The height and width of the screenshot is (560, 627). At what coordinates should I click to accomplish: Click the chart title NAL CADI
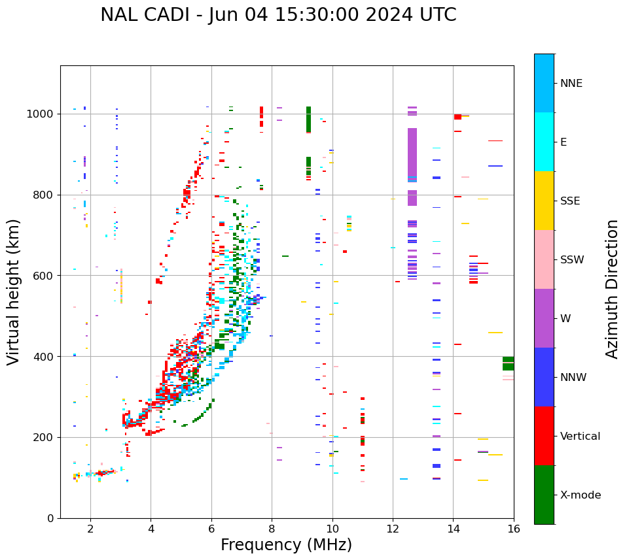[x=278, y=15]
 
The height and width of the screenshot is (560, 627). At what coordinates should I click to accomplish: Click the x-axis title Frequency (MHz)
[x=286, y=545]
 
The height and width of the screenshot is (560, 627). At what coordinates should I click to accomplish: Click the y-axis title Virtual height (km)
[x=14, y=292]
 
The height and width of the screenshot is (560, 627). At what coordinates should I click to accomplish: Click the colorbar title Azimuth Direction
[x=612, y=289]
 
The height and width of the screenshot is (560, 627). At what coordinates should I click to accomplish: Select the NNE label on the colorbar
[x=571, y=83]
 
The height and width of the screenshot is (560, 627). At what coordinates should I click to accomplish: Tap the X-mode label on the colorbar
[x=580, y=495]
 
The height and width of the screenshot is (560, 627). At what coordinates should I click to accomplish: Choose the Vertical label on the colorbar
[x=580, y=436]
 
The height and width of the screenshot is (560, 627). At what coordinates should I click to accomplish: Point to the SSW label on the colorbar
[x=572, y=259]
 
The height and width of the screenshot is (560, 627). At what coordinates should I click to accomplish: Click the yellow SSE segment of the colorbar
[x=544, y=201]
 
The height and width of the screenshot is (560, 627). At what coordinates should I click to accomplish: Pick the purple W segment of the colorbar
[x=544, y=318]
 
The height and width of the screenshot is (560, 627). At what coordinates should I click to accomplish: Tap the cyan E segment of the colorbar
[x=544, y=142]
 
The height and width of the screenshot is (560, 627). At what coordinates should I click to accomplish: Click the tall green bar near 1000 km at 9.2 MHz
[x=308, y=120]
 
